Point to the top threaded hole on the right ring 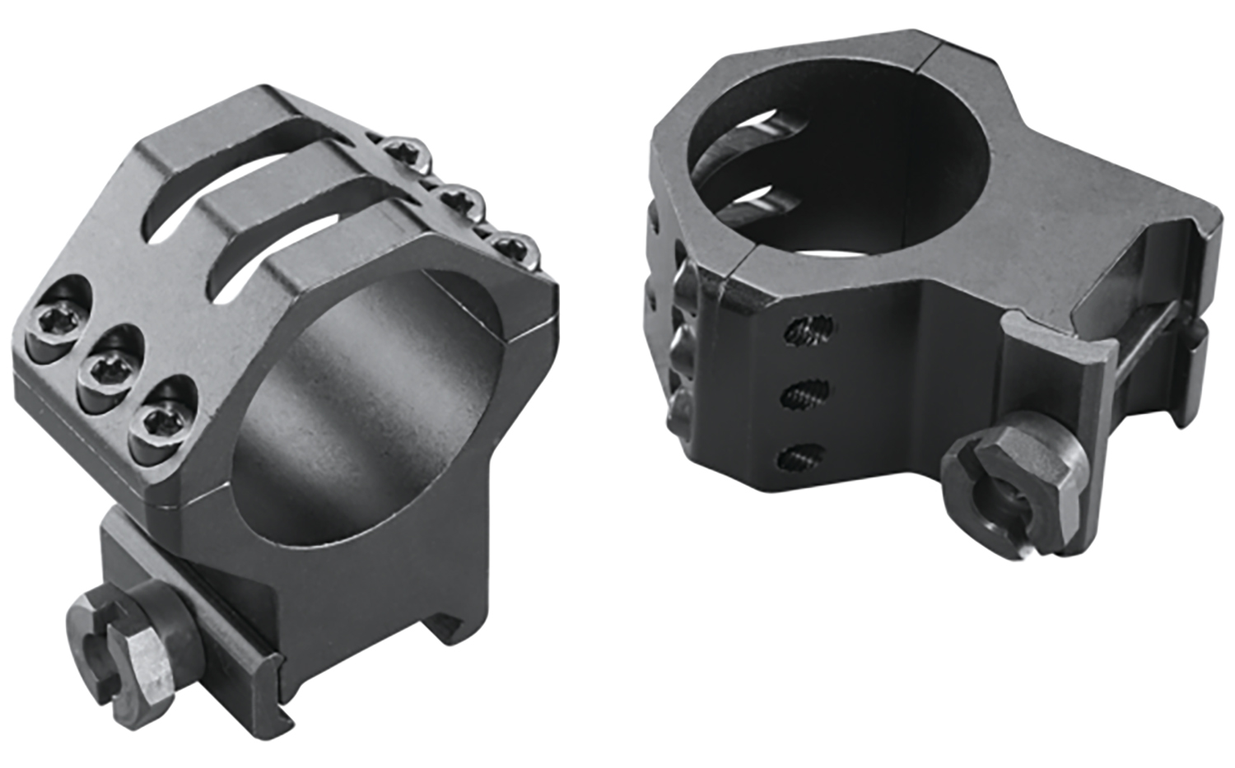809,331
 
